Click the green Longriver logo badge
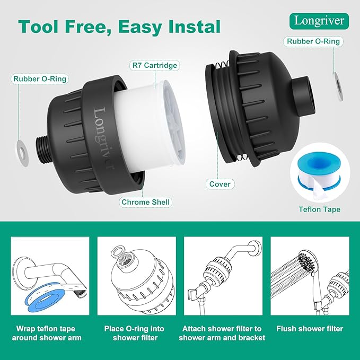click(320, 21)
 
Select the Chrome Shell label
click(146, 202)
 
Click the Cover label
click(219, 183)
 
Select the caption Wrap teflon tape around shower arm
click(49, 333)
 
